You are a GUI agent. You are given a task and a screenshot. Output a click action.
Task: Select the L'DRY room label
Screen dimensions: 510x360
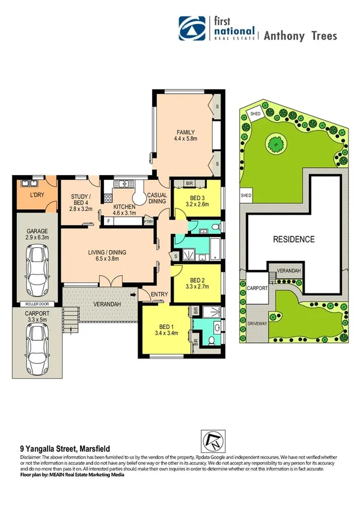[35, 196]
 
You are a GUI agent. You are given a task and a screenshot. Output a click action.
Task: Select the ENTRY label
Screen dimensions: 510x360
[160, 293]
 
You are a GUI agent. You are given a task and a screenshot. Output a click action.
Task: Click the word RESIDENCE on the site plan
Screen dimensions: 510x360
[294, 239]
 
